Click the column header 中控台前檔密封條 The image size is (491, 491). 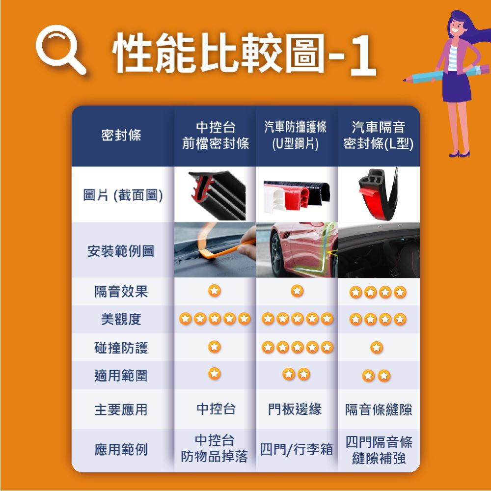click(x=216, y=136)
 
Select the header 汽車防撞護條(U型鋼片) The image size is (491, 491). click(x=295, y=136)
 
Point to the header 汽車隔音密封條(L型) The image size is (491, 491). click(x=379, y=136)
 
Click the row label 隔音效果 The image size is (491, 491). click(x=121, y=292)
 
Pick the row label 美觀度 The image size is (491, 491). click(x=121, y=320)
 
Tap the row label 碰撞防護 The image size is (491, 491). click(x=121, y=348)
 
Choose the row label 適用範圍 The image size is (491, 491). click(x=121, y=376)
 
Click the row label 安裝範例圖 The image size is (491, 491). click(x=121, y=251)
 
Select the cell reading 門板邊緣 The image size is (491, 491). click(x=295, y=409)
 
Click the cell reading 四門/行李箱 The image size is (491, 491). click(x=296, y=450)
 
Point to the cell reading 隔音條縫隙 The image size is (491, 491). click(x=379, y=409)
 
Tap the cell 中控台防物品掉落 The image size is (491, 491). click(x=215, y=448)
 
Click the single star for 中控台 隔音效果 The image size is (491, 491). click(x=215, y=291)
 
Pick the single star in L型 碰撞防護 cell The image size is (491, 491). click(x=377, y=348)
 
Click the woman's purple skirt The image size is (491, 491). click(x=456, y=86)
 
